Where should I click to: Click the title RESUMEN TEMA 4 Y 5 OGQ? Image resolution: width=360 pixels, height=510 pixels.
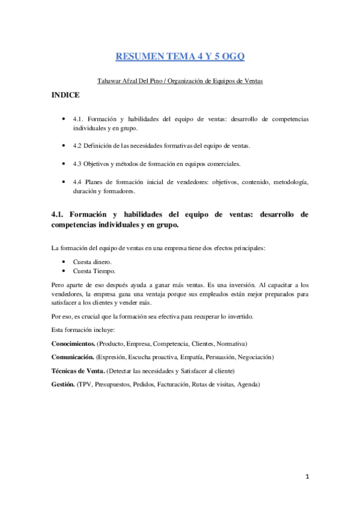180,57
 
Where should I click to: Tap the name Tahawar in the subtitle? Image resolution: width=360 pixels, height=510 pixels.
110,80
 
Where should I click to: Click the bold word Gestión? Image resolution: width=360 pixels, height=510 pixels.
63,384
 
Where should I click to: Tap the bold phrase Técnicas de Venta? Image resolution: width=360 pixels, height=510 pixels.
81,370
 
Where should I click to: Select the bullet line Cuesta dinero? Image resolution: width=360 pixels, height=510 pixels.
93,262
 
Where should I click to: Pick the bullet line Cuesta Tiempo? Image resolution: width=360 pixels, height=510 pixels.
94,271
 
